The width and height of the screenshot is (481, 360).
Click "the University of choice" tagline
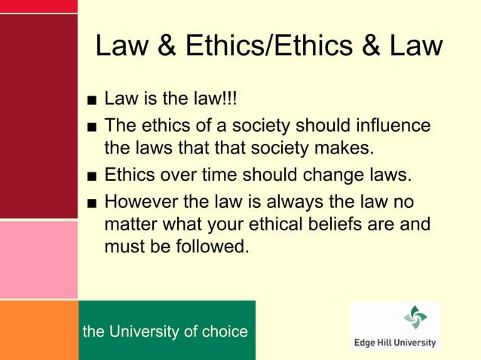(165, 331)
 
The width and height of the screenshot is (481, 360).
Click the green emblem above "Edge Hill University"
(414, 317)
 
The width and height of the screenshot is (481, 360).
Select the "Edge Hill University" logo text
(395, 342)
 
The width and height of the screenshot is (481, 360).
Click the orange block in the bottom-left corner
(38, 329)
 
